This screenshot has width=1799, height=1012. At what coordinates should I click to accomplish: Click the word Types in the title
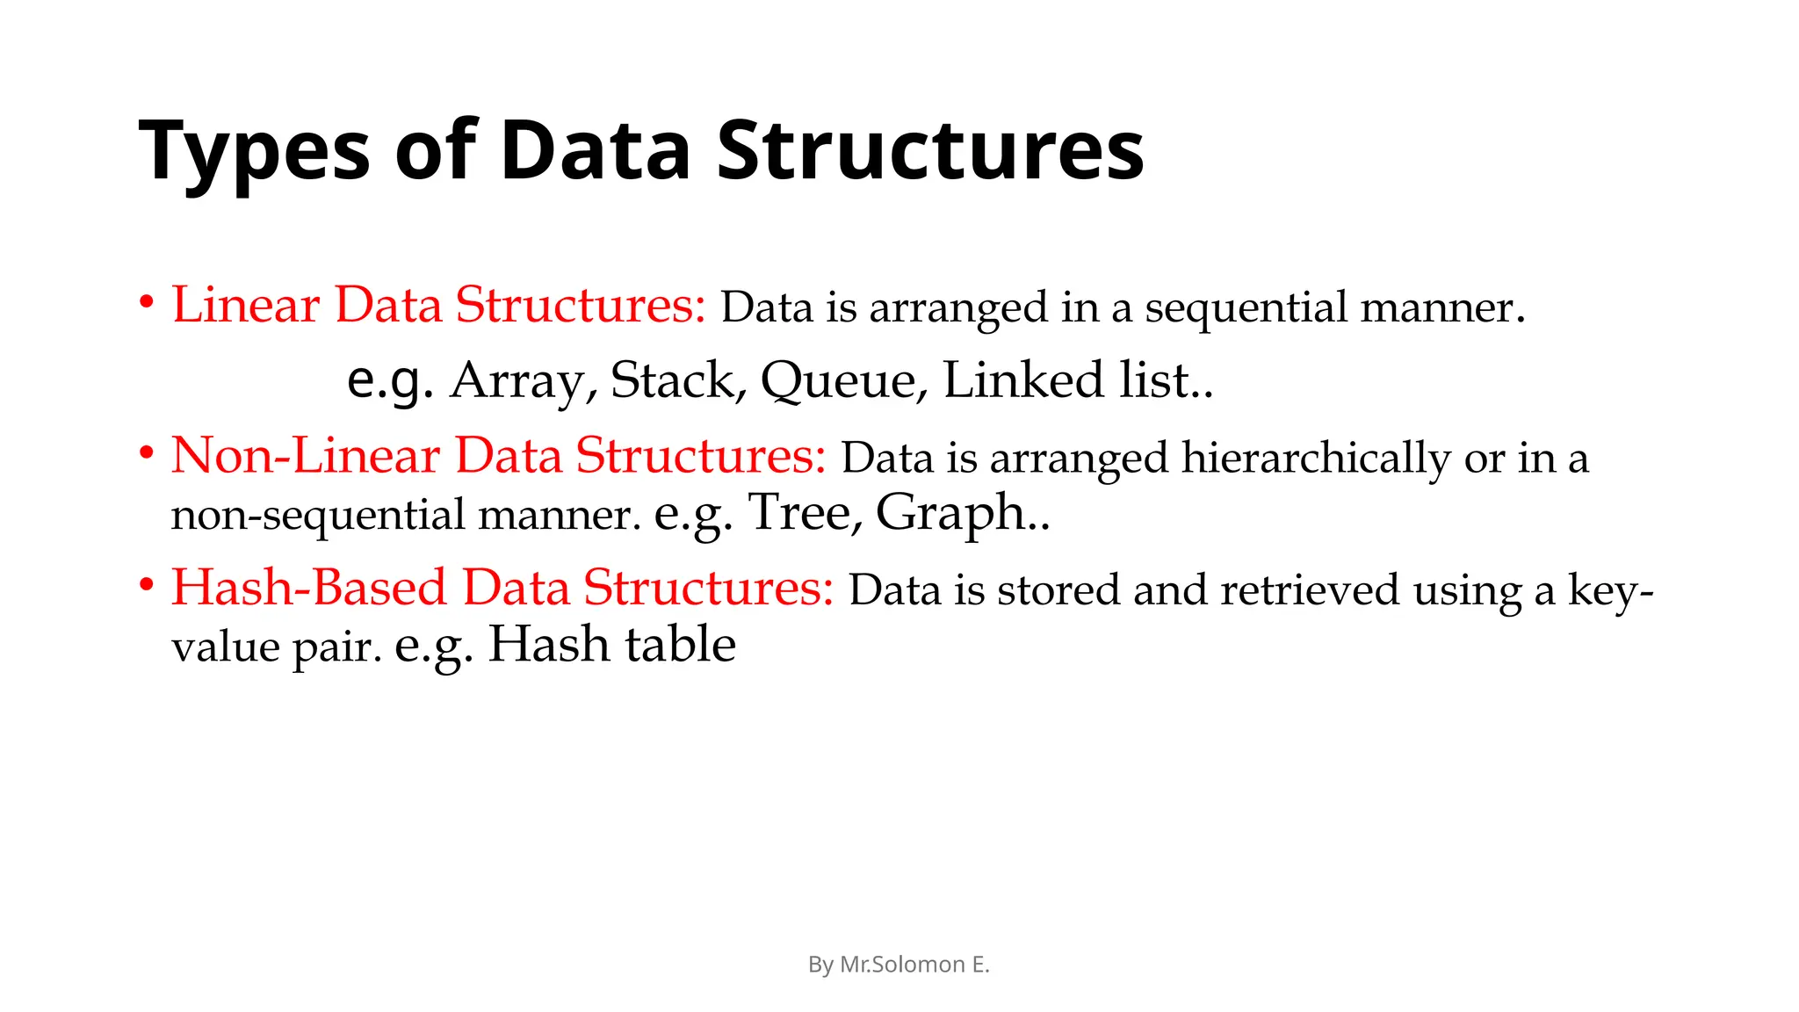coord(255,151)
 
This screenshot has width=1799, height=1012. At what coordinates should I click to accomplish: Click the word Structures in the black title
coord(930,151)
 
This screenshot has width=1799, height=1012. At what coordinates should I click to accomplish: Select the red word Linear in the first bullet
coord(246,306)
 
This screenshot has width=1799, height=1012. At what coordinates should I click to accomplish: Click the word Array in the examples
coord(517,381)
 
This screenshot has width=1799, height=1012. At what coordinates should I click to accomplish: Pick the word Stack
coord(673,381)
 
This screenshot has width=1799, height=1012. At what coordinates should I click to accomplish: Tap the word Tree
coord(798,512)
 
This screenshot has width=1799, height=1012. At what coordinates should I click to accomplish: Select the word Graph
coord(950,514)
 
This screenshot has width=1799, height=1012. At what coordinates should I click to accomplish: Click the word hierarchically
coord(1315,458)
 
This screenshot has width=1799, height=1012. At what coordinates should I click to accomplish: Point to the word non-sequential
coord(317,514)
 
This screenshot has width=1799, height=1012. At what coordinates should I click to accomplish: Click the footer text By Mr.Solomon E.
coord(899,965)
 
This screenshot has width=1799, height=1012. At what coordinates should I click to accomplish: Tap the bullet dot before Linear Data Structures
coord(147,303)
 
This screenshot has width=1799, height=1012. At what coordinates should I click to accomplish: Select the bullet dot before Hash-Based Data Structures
coord(147,585)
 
